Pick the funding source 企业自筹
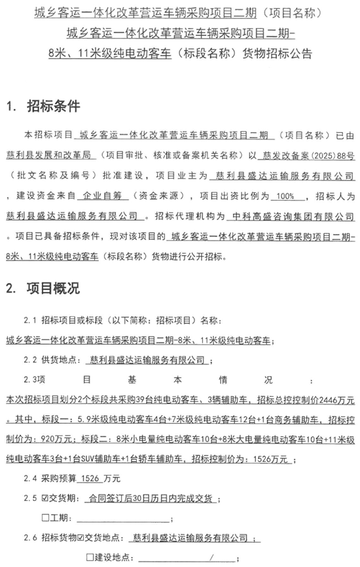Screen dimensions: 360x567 click(x=101, y=196)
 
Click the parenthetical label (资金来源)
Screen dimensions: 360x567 click(x=148, y=196)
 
